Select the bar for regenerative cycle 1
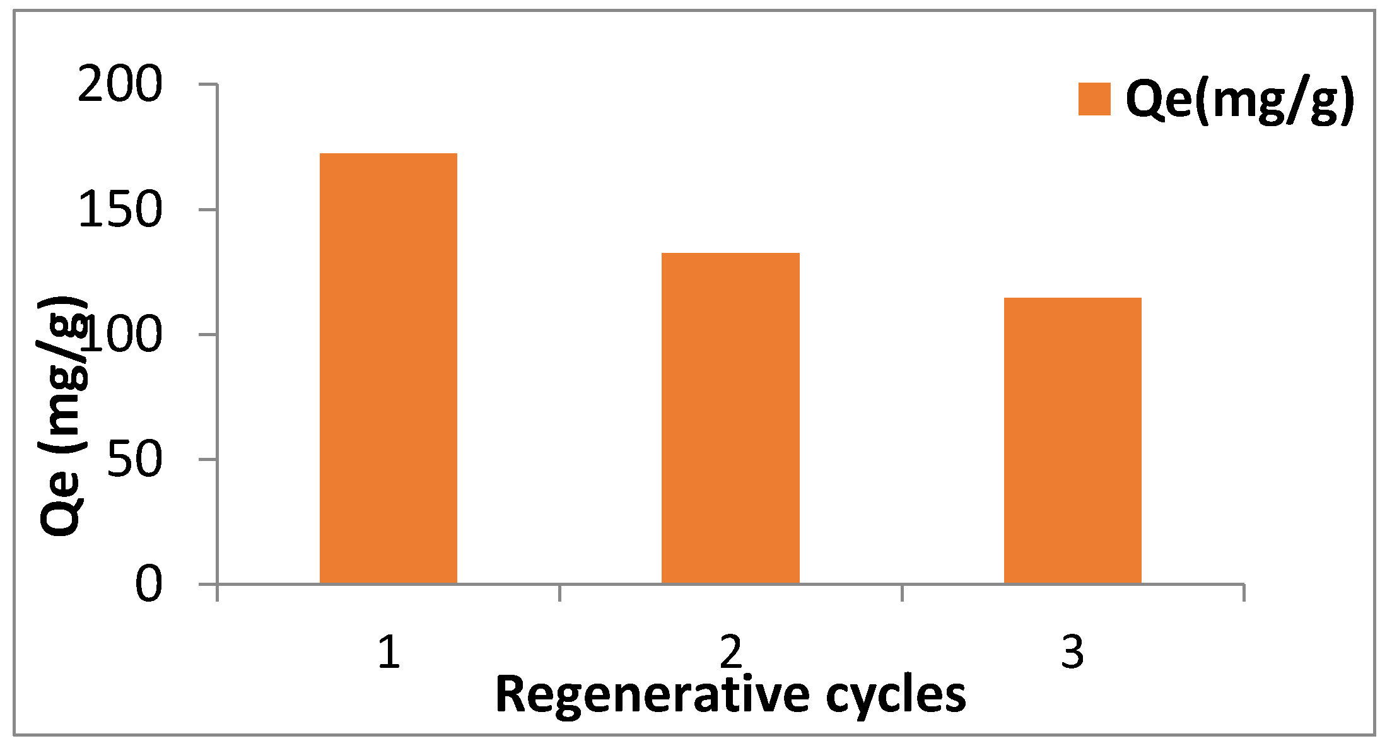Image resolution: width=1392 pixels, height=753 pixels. (389, 368)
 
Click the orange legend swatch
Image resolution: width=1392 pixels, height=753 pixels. (1094, 99)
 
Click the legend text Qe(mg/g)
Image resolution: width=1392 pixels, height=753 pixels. (1240, 100)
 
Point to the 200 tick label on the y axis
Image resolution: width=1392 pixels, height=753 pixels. (120, 85)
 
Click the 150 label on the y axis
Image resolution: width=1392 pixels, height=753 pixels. (120, 209)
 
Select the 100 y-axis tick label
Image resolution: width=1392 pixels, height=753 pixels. (123, 334)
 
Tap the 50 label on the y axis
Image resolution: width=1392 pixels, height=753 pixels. (134, 459)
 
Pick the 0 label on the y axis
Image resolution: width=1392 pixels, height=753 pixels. (149, 585)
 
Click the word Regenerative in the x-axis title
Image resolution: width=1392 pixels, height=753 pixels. (652, 696)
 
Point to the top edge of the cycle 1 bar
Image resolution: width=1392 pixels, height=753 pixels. (389, 154)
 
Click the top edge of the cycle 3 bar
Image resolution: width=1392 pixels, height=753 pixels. (1072, 298)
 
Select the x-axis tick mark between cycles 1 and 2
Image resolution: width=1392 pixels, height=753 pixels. (559, 592)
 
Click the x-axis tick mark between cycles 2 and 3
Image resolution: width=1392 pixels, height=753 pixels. (902, 592)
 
